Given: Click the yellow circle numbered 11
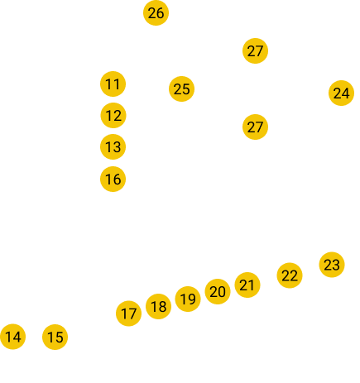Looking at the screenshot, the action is coord(113,84).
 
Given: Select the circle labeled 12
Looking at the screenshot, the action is coord(113,115).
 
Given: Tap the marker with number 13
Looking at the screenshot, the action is coord(113,146).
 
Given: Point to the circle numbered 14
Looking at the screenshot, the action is coord(12,337).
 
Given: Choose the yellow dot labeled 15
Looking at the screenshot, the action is coord(55,337).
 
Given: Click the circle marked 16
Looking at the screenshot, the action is coord(113,179).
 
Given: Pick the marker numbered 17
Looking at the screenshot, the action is coord(128,314).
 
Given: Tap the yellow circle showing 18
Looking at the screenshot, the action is coord(158,306).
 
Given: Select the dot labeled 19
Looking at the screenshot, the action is coord(188,299).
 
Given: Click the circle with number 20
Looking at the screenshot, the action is coord(218,291).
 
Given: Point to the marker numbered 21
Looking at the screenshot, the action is coord(247,285).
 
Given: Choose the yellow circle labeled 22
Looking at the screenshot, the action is coord(290,275).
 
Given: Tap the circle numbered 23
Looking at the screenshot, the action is coord(332,265).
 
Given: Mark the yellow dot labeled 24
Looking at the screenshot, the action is coord(341,93).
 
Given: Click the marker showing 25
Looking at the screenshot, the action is coord(181,89).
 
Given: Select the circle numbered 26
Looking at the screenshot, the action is coord(156,13).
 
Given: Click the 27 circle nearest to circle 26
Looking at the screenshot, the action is coord(255,50).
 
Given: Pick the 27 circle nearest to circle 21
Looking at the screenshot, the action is coord(255,127).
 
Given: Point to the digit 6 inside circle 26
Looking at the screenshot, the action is coord(160,13).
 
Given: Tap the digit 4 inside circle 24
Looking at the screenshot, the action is coord(346,93).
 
